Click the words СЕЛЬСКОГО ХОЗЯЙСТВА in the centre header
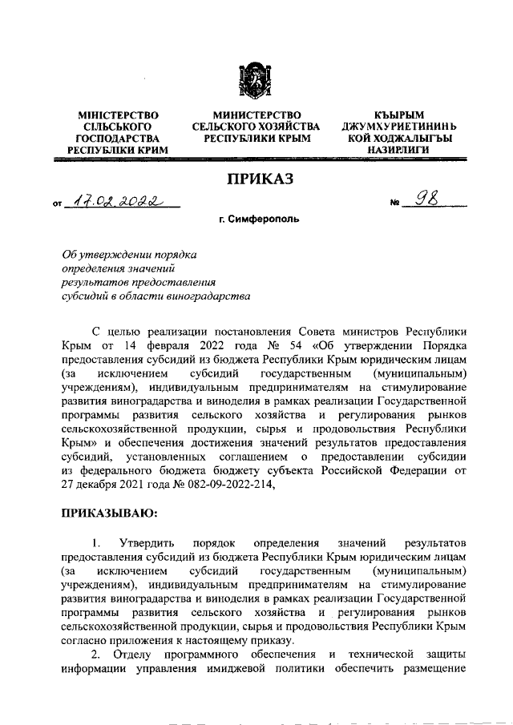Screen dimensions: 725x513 (256, 127)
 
